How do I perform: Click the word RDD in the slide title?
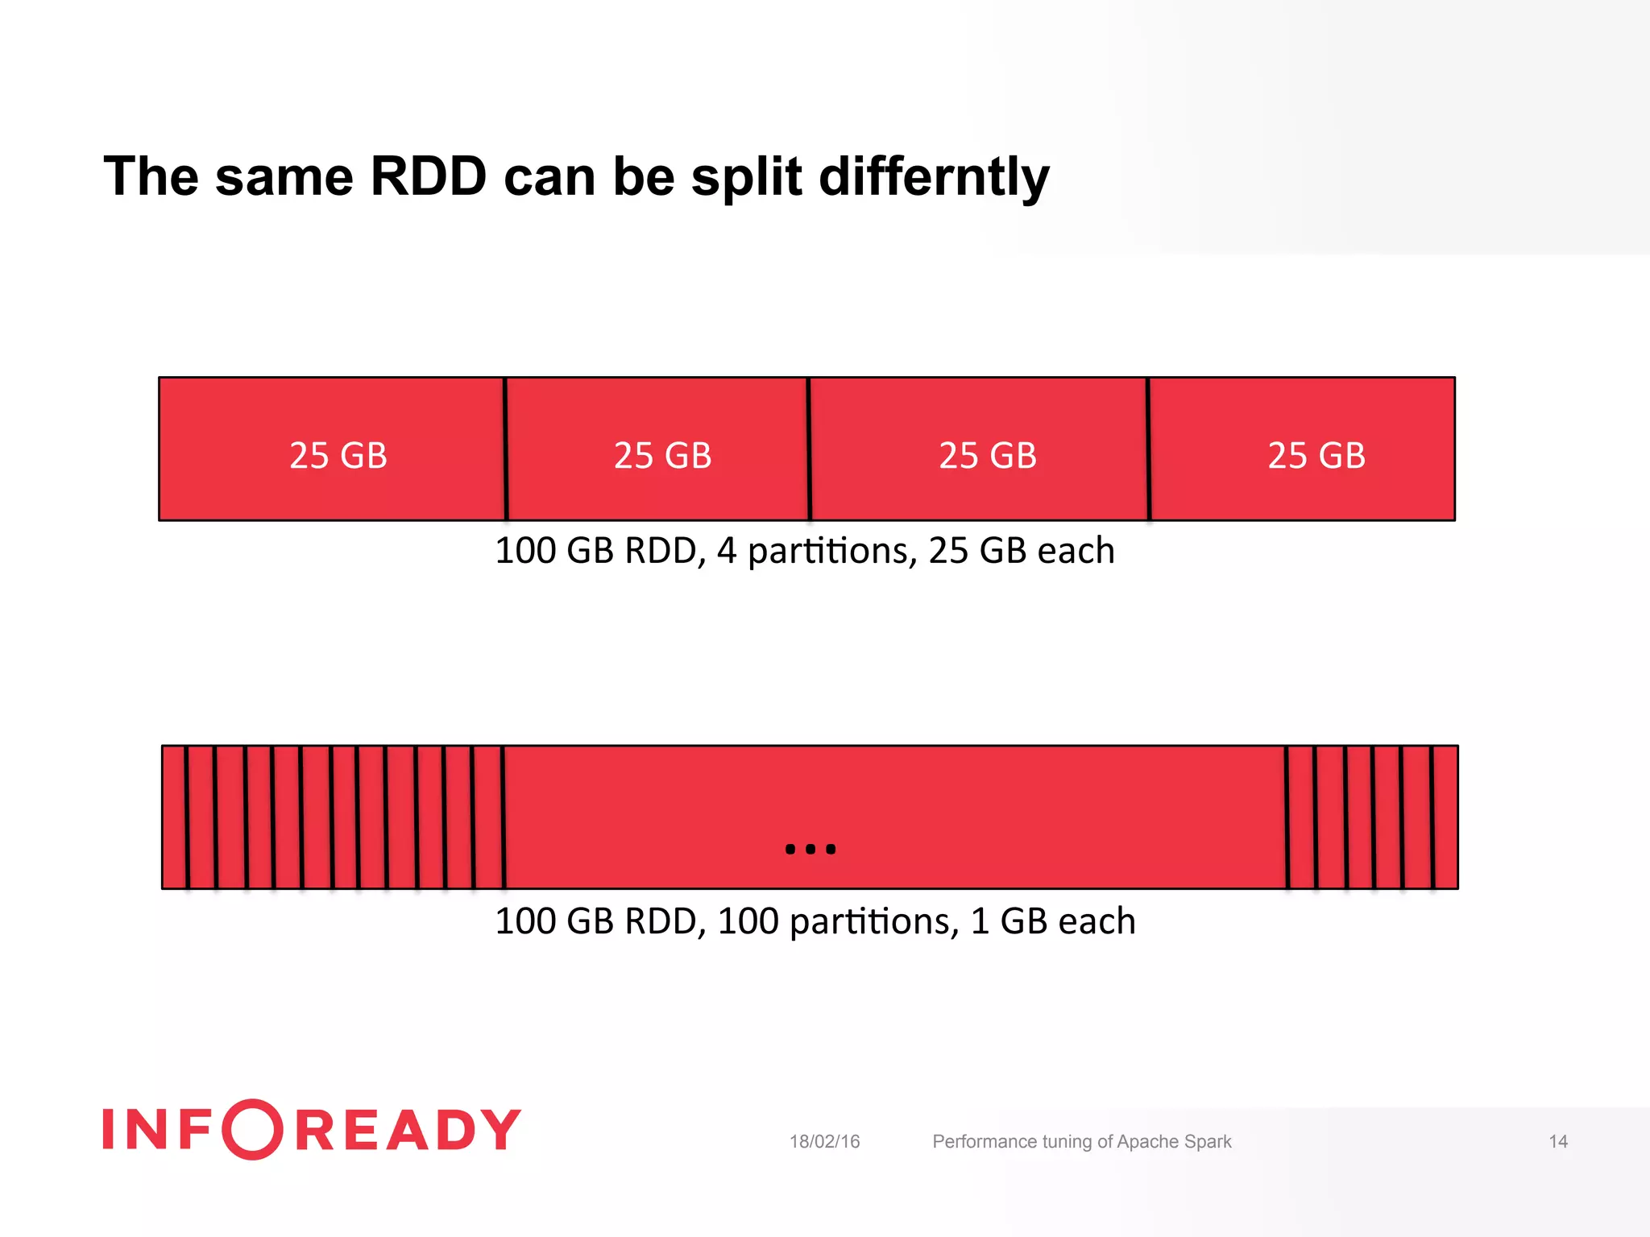(428, 176)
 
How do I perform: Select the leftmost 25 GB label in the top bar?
(338, 456)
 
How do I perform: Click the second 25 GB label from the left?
(662, 456)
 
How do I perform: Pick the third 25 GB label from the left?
(988, 456)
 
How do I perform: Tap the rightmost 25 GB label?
(1316, 456)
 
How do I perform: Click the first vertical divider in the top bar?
(506, 449)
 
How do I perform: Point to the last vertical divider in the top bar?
(1148, 449)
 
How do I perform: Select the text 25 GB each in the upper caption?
(1022, 552)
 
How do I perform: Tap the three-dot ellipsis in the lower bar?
(810, 849)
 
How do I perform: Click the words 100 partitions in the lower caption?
(838, 922)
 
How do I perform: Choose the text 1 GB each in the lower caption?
(1053, 922)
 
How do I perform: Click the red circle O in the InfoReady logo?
(252, 1129)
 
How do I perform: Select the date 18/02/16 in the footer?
(824, 1142)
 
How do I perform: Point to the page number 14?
(1558, 1142)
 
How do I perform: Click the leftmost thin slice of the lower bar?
(174, 817)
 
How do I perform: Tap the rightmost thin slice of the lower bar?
(1445, 817)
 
